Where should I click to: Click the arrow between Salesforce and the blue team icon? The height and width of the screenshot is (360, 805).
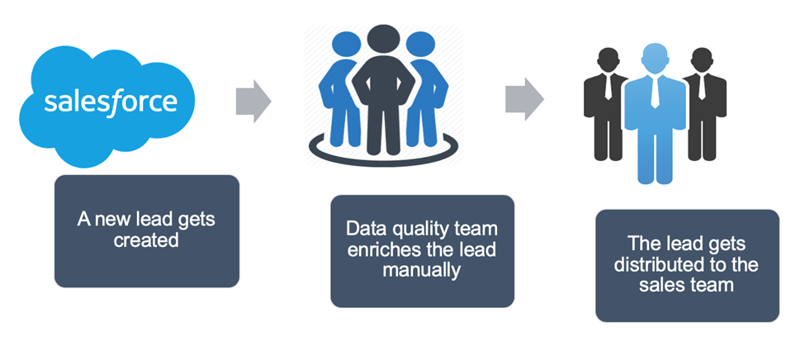point(253,100)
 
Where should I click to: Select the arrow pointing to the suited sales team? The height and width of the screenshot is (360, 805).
point(523,100)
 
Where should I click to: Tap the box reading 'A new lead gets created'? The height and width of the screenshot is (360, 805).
point(147,231)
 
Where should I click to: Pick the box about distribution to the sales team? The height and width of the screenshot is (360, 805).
point(687,265)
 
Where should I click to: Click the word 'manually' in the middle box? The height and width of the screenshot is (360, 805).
point(422,270)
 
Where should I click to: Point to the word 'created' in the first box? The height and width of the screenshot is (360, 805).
point(147,241)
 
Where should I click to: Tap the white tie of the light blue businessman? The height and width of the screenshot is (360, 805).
point(654,92)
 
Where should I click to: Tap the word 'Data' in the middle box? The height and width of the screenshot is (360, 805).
point(362,230)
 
